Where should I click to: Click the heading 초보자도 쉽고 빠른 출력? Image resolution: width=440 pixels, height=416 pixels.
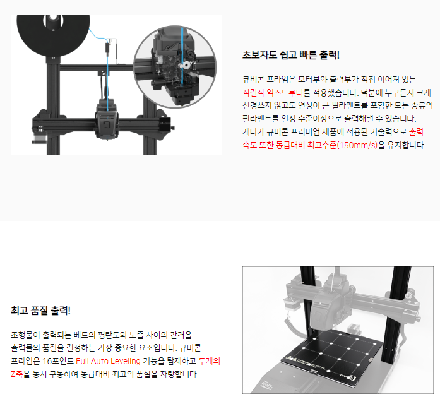tap(291, 55)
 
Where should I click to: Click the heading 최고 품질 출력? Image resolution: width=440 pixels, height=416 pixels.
tap(40, 311)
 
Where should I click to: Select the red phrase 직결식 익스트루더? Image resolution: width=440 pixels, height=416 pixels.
tap(273, 93)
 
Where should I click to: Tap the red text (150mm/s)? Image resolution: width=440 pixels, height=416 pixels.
tap(357, 145)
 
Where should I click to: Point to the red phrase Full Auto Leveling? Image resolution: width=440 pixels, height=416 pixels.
tap(108, 361)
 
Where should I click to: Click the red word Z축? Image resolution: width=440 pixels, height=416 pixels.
tap(16, 374)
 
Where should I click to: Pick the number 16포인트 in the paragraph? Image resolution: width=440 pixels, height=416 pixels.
tap(58, 361)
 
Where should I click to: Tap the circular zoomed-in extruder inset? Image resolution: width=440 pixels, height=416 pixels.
tap(175, 67)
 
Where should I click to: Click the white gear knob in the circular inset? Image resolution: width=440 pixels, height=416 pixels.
tap(186, 66)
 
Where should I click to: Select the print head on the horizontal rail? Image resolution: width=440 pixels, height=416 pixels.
tap(106, 120)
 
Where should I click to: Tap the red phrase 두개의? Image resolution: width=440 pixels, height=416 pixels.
tap(210, 361)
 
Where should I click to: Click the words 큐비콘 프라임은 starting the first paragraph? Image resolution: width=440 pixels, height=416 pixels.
tap(269, 80)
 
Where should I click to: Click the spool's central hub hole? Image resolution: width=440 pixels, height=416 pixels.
tap(52, 18)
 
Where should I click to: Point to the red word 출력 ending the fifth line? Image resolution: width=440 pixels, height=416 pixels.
tap(416, 132)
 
